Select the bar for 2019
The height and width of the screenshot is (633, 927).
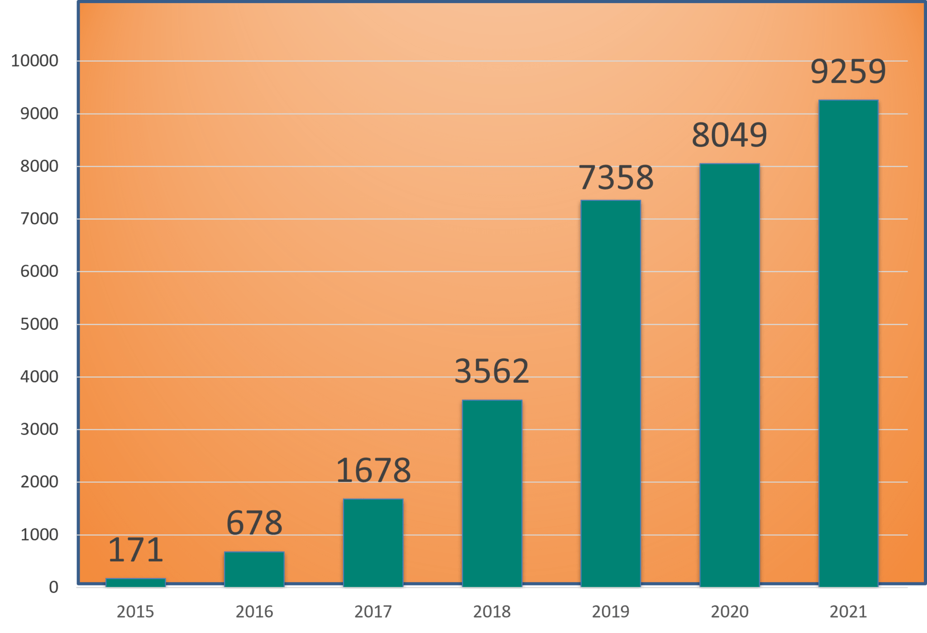pyautogui.click(x=611, y=394)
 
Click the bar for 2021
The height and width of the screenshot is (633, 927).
pyautogui.click(x=848, y=344)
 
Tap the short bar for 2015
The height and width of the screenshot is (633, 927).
pyautogui.click(x=136, y=582)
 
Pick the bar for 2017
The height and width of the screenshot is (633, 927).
pyautogui.click(x=373, y=543)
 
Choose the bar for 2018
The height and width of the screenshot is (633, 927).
pyautogui.click(x=492, y=493)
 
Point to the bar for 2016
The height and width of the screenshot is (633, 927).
pyautogui.click(x=254, y=569)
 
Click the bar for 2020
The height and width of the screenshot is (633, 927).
pyautogui.click(x=730, y=376)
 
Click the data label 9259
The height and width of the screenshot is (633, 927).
pyautogui.click(x=848, y=71)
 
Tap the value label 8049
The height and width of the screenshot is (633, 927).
pyautogui.click(x=729, y=135)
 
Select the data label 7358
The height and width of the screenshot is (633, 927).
pyautogui.click(x=616, y=177)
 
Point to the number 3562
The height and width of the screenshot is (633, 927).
pyautogui.click(x=492, y=371)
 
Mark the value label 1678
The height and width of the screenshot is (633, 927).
pyautogui.click(x=373, y=471)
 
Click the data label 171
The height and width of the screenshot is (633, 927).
pyautogui.click(x=136, y=550)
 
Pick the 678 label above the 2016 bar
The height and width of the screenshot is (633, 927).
pyautogui.click(x=254, y=523)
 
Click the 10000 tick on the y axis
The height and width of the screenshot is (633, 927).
pyautogui.click(x=35, y=61)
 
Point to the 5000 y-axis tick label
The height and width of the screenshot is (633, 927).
pyautogui.click(x=39, y=324)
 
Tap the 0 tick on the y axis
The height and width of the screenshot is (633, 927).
pyautogui.click(x=54, y=587)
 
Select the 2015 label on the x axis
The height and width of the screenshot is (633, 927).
pyautogui.click(x=135, y=612)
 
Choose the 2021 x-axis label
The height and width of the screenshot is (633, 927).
pyautogui.click(x=848, y=612)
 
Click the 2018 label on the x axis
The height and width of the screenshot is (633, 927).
pyautogui.click(x=492, y=612)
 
